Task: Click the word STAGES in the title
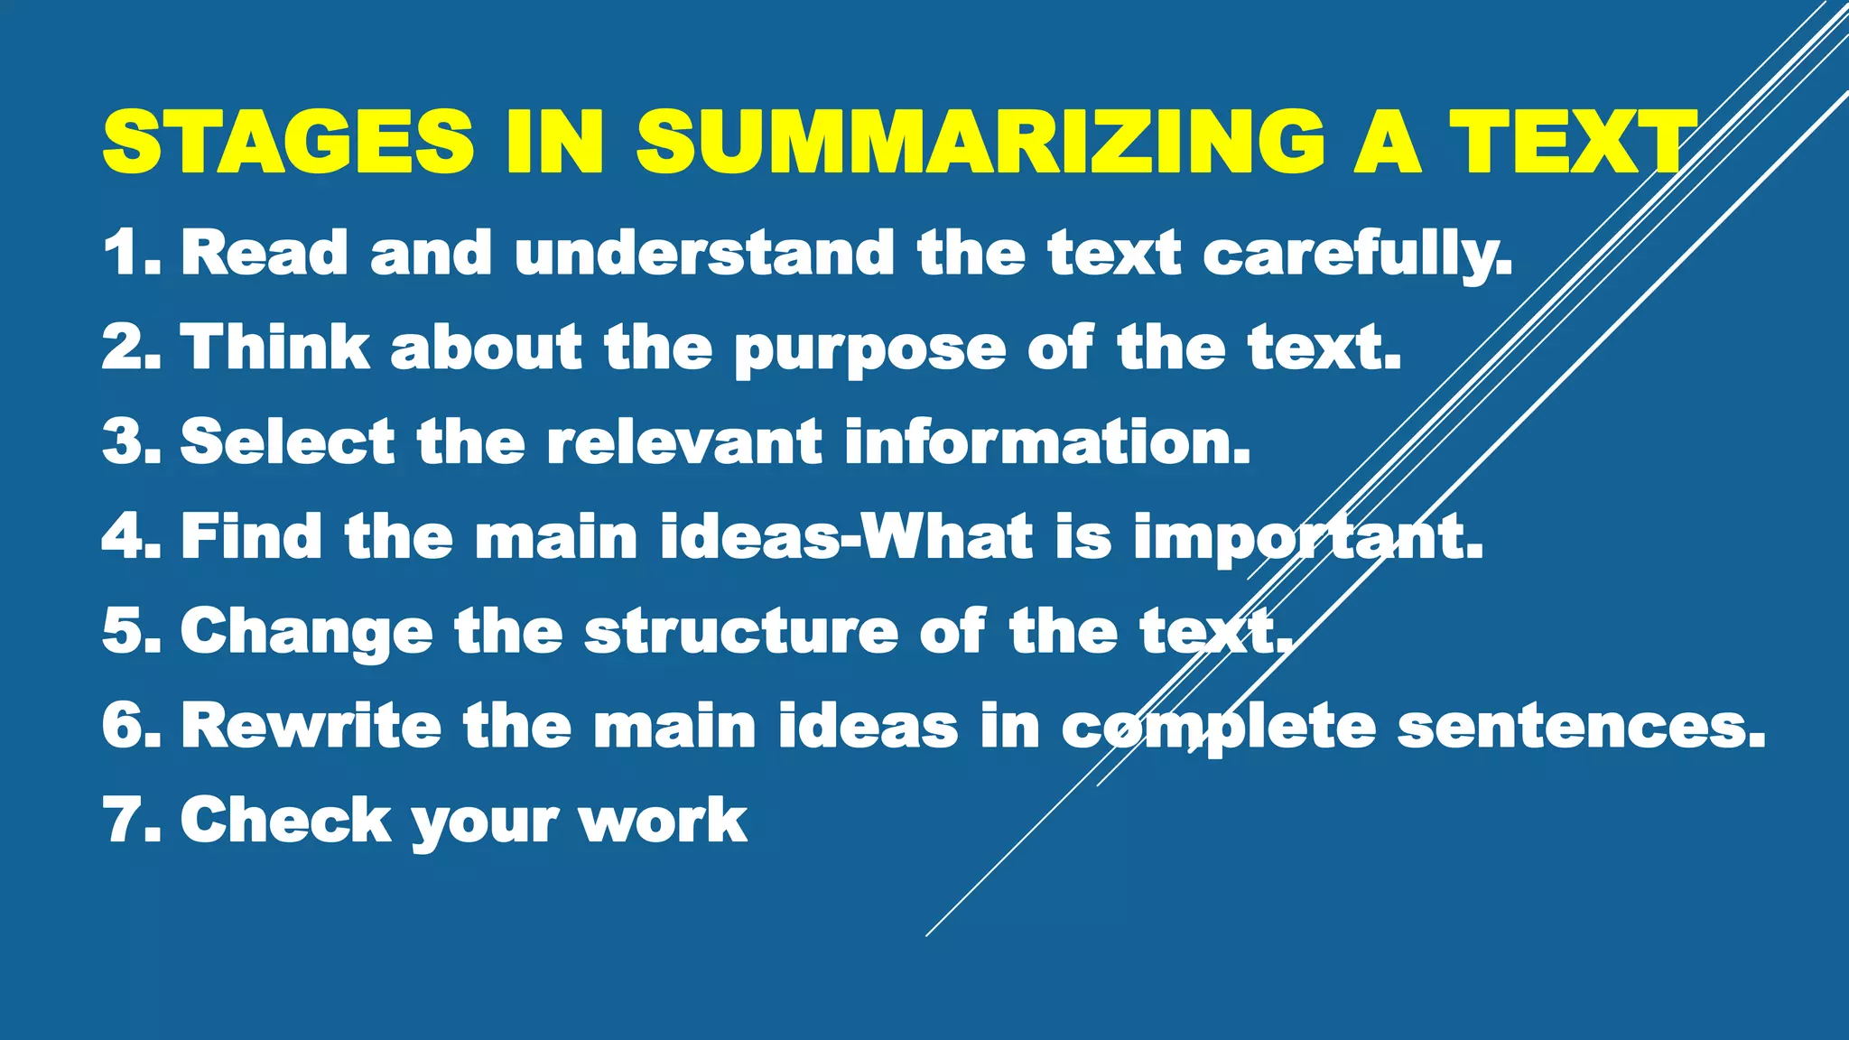coord(288,142)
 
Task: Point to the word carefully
coord(1357,254)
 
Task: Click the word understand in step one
coord(704,252)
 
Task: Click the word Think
coord(275,347)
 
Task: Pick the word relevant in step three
coord(684,441)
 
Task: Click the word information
coord(1047,441)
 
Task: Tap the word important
coord(1307,538)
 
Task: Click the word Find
coord(251,536)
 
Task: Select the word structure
coord(740,631)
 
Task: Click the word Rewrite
coord(311,726)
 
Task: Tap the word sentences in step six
coord(1580,728)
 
